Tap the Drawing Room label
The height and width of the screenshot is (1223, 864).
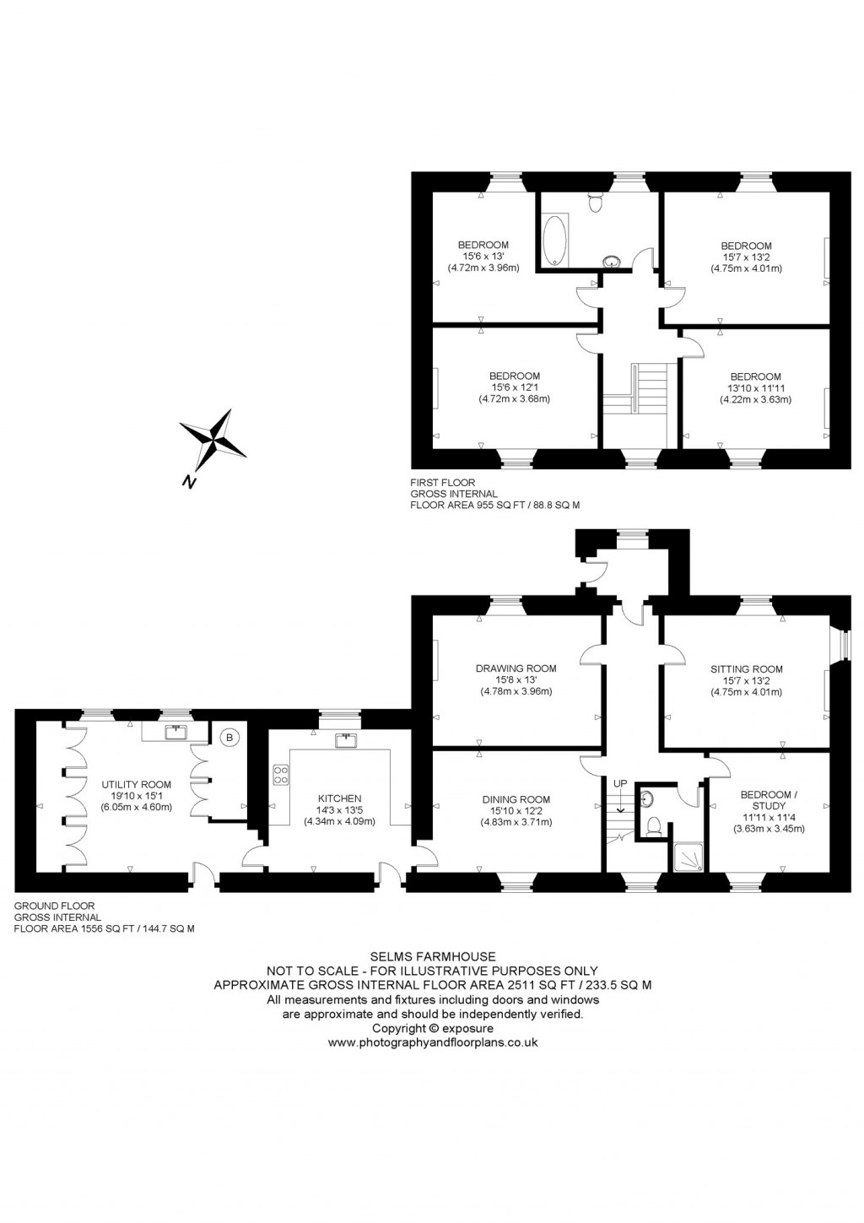(x=516, y=668)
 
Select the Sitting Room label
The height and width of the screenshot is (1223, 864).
(x=746, y=669)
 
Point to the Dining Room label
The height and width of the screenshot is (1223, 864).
(x=516, y=799)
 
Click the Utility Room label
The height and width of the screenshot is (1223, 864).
(x=137, y=784)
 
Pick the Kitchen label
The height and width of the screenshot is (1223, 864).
(x=339, y=798)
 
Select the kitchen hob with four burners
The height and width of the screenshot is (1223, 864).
(x=280, y=775)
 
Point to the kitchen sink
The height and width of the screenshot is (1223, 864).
(x=344, y=740)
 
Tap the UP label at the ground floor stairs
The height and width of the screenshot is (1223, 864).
(x=620, y=783)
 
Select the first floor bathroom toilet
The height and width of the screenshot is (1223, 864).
(x=596, y=203)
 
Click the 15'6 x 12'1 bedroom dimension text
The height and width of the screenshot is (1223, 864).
(x=514, y=387)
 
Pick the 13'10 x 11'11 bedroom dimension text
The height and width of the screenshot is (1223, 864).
(x=755, y=388)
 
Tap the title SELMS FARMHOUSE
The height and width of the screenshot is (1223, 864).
(x=432, y=957)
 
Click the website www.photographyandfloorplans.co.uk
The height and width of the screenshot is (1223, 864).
(x=432, y=1042)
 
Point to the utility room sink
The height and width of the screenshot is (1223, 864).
(x=177, y=731)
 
